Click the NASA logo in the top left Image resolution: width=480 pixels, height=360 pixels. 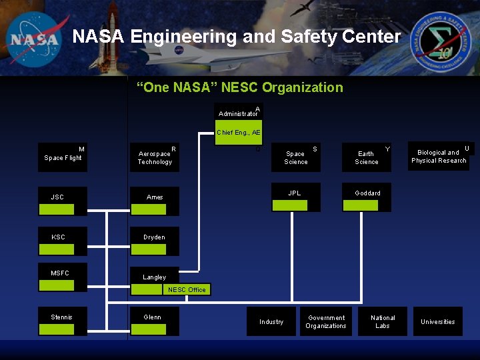(34, 38)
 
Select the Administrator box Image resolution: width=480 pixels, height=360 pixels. (238, 112)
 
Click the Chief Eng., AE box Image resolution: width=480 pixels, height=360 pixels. (238, 133)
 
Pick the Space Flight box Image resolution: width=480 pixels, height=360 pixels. (63, 157)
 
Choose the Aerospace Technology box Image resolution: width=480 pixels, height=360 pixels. (155, 157)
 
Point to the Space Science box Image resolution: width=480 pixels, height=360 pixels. (295, 157)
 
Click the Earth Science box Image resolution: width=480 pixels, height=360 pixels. (366, 157)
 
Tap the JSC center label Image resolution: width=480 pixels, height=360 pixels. (58, 197)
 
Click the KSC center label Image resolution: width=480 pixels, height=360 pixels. (59, 237)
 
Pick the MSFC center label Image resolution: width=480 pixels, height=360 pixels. (60, 273)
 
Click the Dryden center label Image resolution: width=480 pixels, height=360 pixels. (154, 237)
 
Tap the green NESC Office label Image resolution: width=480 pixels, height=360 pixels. (187, 289)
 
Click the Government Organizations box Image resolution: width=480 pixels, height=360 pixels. (326, 321)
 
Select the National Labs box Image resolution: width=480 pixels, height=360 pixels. (383, 321)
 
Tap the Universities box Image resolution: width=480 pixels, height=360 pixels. (437, 321)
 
